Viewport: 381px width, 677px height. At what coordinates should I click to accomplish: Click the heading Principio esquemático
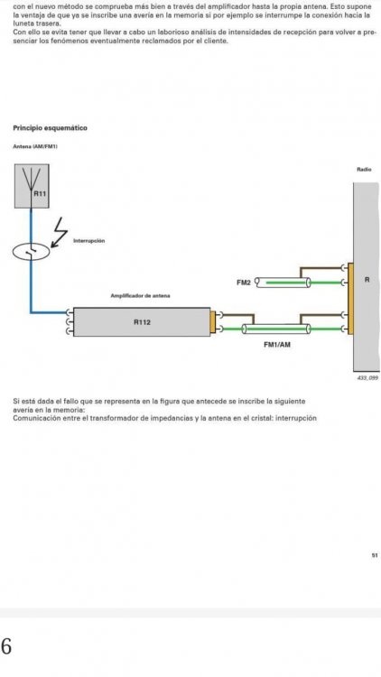51,128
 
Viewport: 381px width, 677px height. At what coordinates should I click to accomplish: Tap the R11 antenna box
32,186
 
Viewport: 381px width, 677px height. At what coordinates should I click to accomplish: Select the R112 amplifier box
142,322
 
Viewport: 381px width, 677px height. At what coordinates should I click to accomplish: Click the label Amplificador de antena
140,296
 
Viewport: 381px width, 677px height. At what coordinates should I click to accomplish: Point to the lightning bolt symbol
60,232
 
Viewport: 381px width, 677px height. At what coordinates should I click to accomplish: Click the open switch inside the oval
31,252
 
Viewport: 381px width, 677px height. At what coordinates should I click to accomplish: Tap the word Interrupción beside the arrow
89,240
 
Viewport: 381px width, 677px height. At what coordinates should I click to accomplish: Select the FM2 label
243,283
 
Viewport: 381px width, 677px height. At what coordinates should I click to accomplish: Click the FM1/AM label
277,345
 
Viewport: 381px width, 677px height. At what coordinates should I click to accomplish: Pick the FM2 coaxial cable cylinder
283,283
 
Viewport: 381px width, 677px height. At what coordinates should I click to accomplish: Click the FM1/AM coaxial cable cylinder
276,329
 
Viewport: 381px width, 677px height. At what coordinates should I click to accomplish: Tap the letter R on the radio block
367,279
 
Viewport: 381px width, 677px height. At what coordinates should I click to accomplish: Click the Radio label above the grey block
364,170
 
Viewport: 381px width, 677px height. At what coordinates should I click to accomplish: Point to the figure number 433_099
367,378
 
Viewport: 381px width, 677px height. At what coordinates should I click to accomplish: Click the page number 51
375,555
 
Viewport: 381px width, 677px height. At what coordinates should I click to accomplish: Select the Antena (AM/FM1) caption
35,146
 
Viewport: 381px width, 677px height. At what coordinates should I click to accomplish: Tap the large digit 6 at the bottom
6,646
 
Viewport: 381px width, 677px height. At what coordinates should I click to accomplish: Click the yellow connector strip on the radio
350,299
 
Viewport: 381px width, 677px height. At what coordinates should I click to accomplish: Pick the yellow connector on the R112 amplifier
212,322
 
